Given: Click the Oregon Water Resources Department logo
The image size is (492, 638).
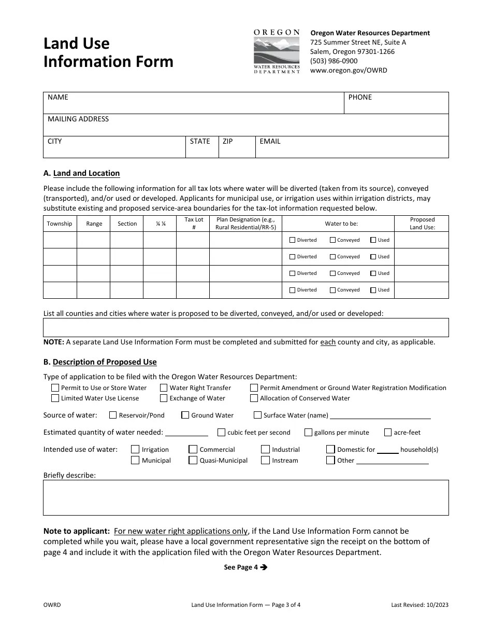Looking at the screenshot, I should coord(277,51).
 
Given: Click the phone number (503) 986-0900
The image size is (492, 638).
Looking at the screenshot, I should coord(334,61).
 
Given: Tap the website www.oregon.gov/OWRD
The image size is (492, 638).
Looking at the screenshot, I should coord(348,71).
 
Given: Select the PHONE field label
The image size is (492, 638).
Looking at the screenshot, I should coord(360,98).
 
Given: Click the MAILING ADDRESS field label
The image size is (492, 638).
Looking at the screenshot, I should coord(78,119).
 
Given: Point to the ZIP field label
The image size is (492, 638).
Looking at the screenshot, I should coord(228,141).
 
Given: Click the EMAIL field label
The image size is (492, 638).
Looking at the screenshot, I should coord(270,141).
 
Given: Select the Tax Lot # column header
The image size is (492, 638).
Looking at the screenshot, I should coord(194,224).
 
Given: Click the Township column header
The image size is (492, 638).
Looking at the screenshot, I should coord(60,224).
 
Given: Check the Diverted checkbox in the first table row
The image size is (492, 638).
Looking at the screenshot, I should coord(293,240).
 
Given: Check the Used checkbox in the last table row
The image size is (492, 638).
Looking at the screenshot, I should coord(373,290).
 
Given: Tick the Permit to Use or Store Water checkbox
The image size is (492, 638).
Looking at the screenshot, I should coord(55,388).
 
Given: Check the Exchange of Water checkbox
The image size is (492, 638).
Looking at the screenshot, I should coord(164,398).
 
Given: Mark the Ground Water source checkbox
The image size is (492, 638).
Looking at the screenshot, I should coord(185,415).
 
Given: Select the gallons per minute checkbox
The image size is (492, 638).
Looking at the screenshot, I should coord(308,433).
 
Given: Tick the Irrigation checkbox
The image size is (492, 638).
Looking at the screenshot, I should coord(135,450).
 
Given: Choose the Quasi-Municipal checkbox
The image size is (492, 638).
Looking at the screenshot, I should coord(193,460).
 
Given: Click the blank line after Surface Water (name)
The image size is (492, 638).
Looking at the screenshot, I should coord(380,415).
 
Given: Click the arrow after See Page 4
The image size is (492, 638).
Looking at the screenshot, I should coord(264,567).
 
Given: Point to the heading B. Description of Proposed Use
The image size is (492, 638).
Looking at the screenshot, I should coord(100,362).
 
